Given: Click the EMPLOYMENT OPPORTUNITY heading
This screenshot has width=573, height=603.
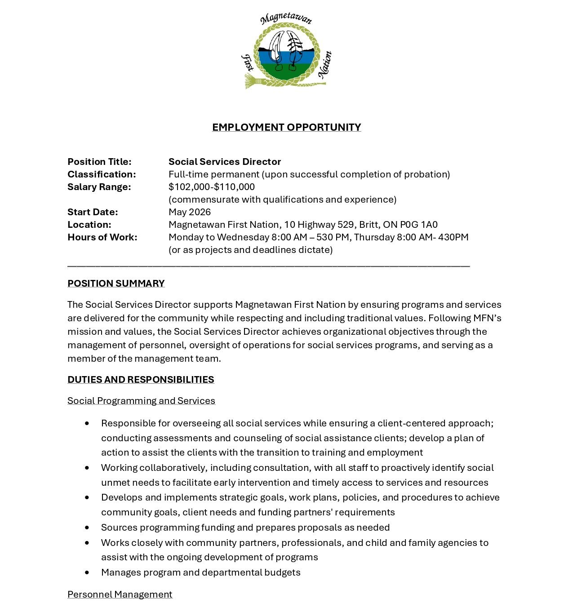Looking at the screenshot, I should [x=286, y=127].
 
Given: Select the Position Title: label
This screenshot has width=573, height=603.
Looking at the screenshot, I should [x=99, y=162].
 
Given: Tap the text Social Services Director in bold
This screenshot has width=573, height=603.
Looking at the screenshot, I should [x=225, y=162].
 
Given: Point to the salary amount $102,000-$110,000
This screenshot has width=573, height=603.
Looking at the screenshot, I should [x=212, y=187].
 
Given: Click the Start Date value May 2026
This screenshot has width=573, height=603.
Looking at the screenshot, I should [x=190, y=212].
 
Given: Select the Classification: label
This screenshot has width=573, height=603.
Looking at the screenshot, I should [x=102, y=174].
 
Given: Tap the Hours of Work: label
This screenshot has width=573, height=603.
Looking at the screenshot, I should [x=102, y=237].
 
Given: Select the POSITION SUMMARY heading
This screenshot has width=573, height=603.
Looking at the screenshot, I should [x=116, y=284].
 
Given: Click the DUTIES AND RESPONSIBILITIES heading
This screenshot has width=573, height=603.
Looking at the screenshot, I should [x=141, y=380].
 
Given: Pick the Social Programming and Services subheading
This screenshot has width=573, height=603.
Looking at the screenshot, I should [x=141, y=401].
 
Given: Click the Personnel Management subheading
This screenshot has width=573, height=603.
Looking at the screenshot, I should [x=120, y=594].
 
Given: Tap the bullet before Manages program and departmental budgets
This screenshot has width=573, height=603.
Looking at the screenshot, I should [x=87, y=572].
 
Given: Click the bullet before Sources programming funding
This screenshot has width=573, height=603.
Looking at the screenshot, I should [x=87, y=528].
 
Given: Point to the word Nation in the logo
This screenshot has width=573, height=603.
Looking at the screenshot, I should [x=325, y=65].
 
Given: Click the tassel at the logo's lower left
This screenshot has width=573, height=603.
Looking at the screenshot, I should [x=252, y=81].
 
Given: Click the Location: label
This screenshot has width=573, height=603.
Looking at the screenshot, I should [x=89, y=225].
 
